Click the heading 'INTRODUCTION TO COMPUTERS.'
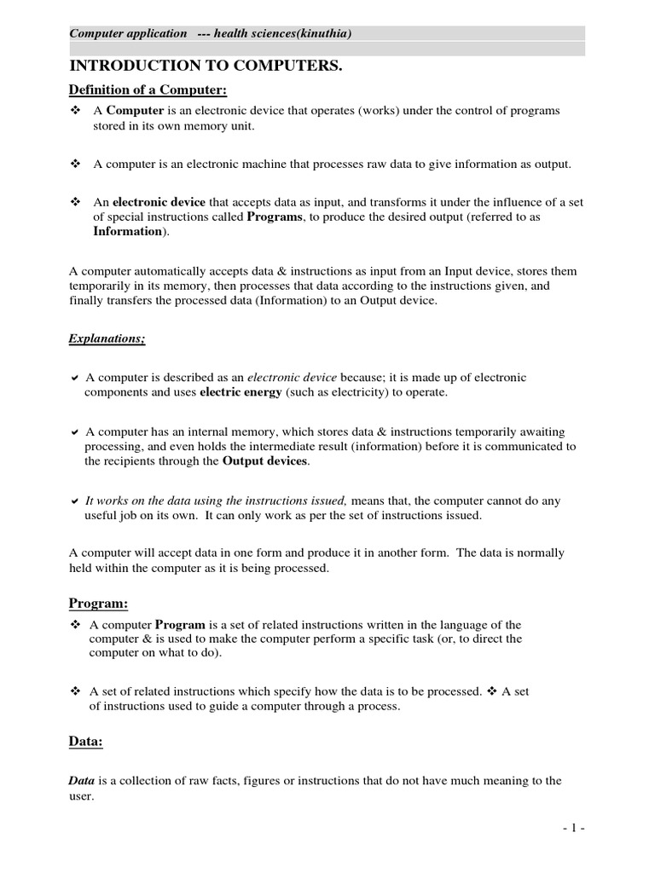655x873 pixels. (205, 66)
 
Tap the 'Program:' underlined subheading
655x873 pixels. (98, 604)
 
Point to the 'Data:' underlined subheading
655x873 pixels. (85, 741)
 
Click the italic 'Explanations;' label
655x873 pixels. (107, 339)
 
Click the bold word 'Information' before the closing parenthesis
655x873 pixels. (127, 231)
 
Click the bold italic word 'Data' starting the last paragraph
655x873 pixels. (82, 780)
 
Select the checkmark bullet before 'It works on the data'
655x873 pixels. (75, 501)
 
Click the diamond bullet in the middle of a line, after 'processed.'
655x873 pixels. (490, 691)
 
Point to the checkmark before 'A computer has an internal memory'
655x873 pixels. (75, 432)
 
